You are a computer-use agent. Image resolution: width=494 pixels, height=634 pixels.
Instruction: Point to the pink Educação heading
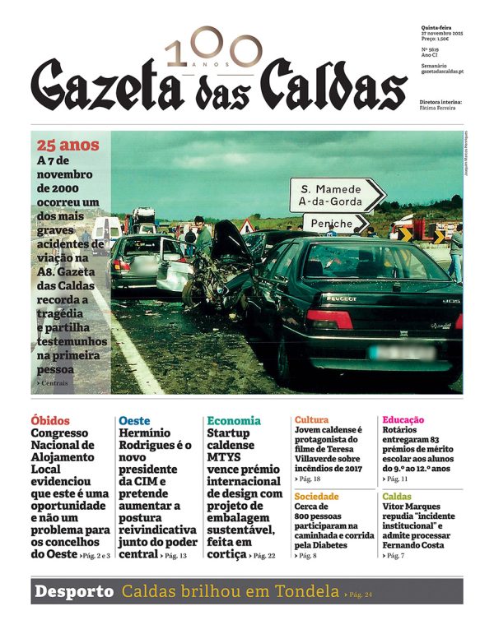403,419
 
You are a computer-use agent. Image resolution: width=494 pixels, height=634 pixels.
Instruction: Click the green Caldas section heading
397,497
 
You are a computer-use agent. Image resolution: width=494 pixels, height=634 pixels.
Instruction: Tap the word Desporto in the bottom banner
73,591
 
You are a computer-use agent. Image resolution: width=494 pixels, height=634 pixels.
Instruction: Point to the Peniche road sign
335,223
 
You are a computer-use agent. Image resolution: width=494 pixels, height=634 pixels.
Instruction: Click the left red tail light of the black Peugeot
329,320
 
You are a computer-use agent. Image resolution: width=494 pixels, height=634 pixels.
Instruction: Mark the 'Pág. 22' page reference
266,557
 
